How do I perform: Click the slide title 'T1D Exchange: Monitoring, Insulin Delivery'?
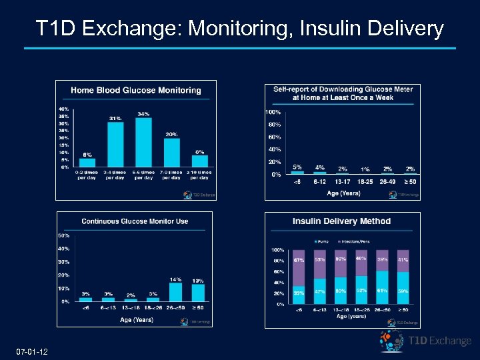(x=239, y=29)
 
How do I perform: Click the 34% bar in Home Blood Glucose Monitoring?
(x=143, y=142)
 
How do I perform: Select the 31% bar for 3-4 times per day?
(x=115, y=144)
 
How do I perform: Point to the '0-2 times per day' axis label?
(x=87, y=175)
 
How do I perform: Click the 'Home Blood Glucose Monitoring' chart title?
(x=136, y=90)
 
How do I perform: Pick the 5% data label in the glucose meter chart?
(x=297, y=167)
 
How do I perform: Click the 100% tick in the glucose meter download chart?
(x=273, y=112)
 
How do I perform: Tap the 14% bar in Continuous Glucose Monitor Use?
(x=176, y=292)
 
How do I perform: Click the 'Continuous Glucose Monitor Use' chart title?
(x=135, y=221)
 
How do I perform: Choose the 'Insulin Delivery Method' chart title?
(x=342, y=221)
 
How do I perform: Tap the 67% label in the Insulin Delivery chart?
(x=299, y=261)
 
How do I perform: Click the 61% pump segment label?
(x=383, y=291)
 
